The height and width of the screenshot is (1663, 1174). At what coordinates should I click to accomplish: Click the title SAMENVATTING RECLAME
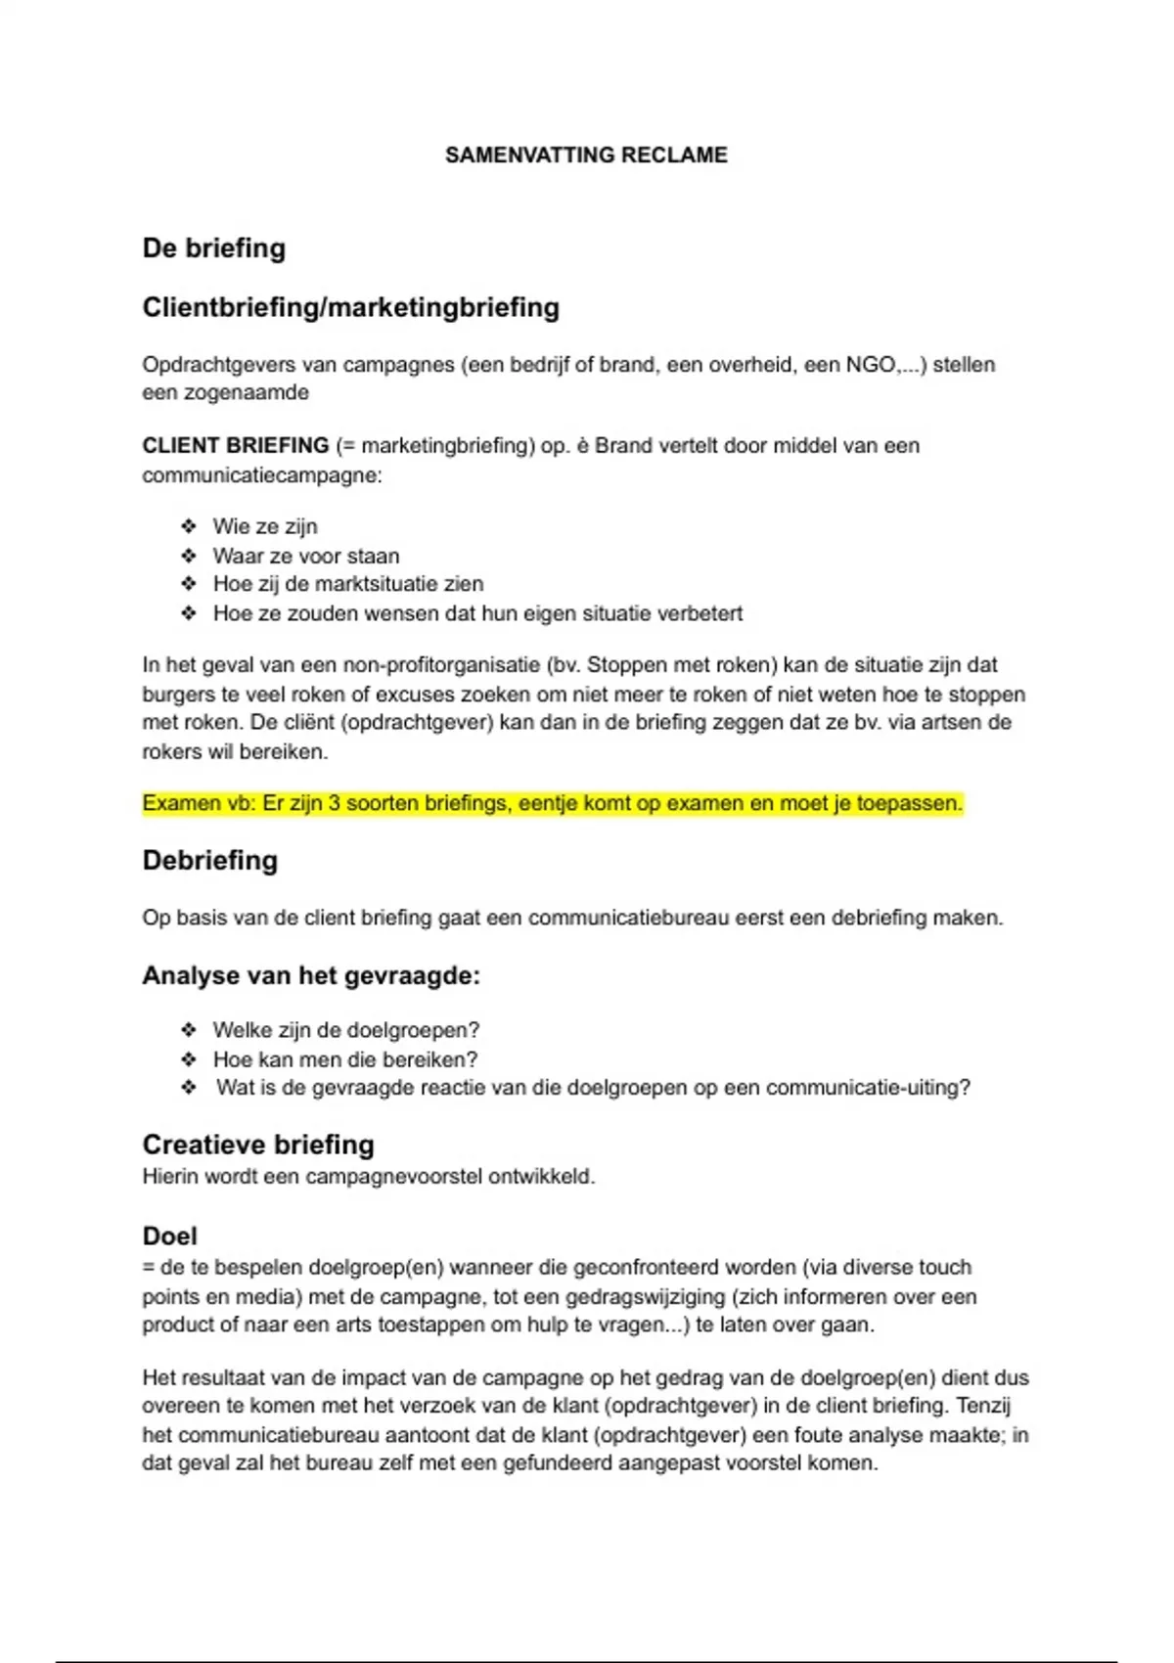click(x=586, y=156)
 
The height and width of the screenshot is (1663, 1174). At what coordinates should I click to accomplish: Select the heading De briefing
click(x=214, y=248)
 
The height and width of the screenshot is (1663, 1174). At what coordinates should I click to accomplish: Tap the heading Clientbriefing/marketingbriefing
click(x=351, y=308)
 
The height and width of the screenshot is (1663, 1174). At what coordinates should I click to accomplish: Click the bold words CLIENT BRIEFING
click(x=236, y=446)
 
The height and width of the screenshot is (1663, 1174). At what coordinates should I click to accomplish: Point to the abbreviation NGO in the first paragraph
click(x=870, y=365)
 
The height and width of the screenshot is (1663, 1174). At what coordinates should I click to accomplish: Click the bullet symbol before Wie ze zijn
click(x=189, y=526)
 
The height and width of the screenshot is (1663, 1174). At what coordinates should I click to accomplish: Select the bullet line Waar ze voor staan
click(x=306, y=557)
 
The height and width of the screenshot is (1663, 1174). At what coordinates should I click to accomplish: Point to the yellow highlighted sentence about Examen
click(x=553, y=804)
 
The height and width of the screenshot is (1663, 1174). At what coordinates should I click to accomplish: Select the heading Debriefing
click(x=210, y=861)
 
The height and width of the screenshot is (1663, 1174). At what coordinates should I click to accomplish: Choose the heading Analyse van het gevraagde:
click(x=311, y=976)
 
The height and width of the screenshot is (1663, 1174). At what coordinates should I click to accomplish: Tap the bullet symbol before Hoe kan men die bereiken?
click(x=189, y=1059)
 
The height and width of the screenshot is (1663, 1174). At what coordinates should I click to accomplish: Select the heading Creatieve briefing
click(x=258, y=1145)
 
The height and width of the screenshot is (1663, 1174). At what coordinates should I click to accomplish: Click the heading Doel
click(x=170, y=1236)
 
